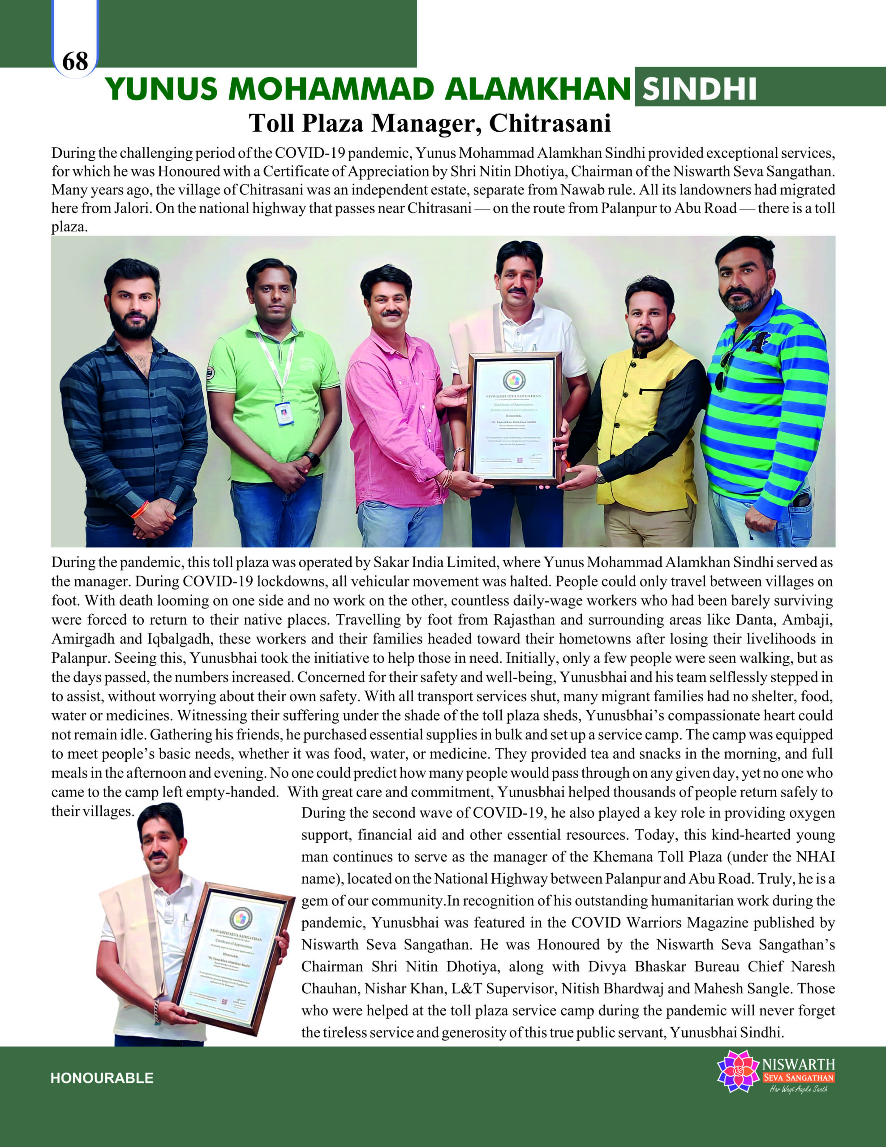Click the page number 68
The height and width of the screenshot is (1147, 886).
tap(75, 61)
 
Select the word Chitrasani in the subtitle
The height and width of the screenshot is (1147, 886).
tap(550, 123)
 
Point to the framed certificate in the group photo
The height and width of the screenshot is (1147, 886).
tap(515, 417)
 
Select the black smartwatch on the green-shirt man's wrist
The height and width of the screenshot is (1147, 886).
tap(313, 458)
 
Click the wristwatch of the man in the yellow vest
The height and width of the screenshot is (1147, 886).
tap(600, 475)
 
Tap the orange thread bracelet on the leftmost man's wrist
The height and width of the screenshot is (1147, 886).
tap(140, 509)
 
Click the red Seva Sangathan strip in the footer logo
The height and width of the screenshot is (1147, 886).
tap(798, 1078)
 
